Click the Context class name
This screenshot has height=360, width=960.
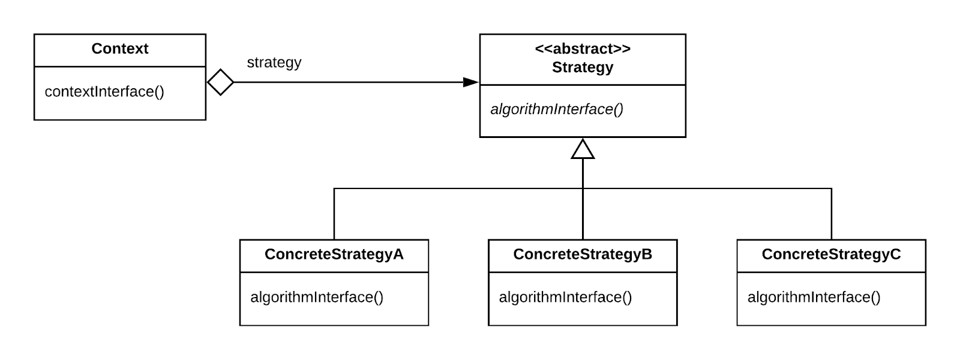point(119,49)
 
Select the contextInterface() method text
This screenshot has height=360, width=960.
point(104,92)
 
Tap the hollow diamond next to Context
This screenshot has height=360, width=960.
point(220,82)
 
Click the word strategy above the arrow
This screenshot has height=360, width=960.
point(274,62)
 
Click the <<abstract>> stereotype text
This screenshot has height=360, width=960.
point(582,49)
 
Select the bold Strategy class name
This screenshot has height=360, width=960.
point(582,67)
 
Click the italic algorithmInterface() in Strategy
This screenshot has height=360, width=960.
point(557,109)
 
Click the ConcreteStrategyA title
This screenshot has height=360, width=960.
point(334,254)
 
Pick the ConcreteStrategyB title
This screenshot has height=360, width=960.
point(582,254)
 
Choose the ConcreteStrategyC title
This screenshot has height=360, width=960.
point(831,254)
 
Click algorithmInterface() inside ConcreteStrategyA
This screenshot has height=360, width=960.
point(316,297)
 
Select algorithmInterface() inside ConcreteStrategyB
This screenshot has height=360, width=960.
point(565,297)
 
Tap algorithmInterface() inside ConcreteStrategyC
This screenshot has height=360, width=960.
point(814,297)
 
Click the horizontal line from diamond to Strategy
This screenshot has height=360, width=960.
point(348,82)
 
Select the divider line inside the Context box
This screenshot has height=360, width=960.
point(119,67)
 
